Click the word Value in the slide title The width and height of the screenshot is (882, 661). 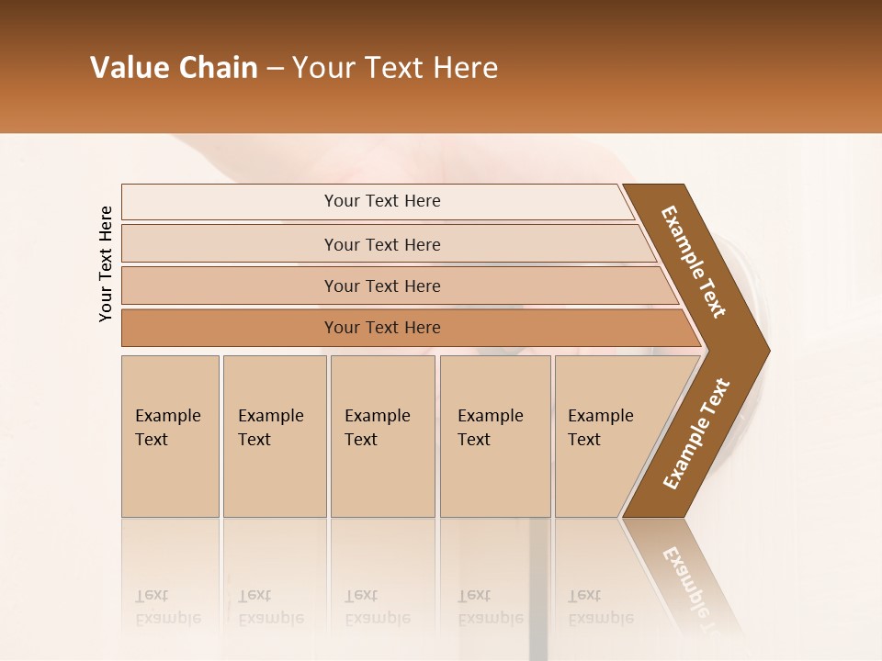pyautogui.click(x=129, y=68)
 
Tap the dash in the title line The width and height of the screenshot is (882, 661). pyautogui.click(x=275, y=69)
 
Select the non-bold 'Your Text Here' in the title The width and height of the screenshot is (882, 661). pyautogui.click(x=395, y=68)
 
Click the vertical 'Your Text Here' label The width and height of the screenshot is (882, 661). pyautogui.click(x=106, y=263)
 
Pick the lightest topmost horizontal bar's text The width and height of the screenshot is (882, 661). pyautogui.click(x=382, y=201)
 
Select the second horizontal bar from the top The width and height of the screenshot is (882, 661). pyautogui.click(x=382, y=244)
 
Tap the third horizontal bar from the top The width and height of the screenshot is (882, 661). pyautogui.click(x=382, y=286)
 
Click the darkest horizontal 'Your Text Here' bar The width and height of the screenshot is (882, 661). pyautogui.click(x=382, y=328)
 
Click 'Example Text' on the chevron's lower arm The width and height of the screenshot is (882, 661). pyautogui.click(x=696, y=434)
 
